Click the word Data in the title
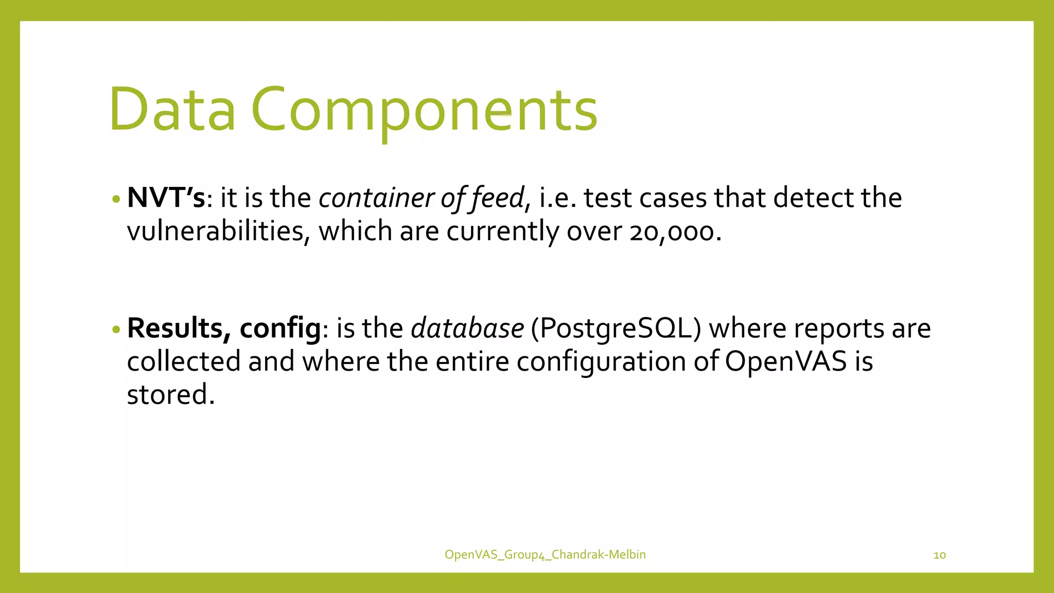(172, 109)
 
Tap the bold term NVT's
(166, 198)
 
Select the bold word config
(280, 328)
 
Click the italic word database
(467, 328)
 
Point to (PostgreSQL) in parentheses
(616, 328)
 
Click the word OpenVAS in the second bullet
(786, 361)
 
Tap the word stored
(170, 395)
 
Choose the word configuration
(601, 361)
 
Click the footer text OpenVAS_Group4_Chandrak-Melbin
(545, 554)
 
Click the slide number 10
(939, 555)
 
